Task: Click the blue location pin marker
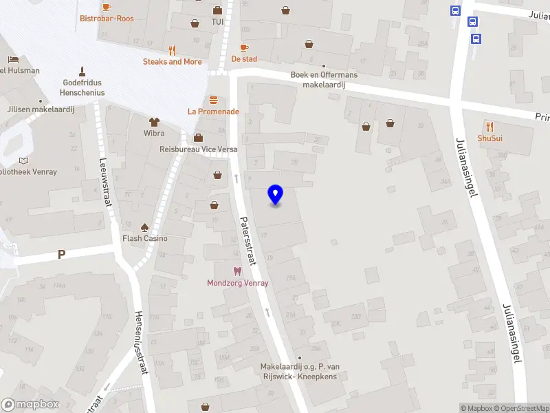click(275, 195)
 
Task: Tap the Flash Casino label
click(144, 239)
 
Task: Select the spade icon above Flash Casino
click(144, 227)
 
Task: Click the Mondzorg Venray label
click(238, 283)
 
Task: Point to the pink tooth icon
click(238, 271)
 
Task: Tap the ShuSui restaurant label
click(489, 138)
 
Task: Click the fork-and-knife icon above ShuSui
click(489, 127)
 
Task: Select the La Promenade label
click(213, 112)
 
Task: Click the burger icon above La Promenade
click(213, 100)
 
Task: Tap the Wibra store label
click(154, 133)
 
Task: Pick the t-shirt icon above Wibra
click(154, 121)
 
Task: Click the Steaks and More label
click(172, 62)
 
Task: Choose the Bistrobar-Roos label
click(107, 19)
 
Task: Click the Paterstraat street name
click(247, 241)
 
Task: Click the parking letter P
click(61, 255)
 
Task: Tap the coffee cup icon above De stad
click(244, 47)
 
